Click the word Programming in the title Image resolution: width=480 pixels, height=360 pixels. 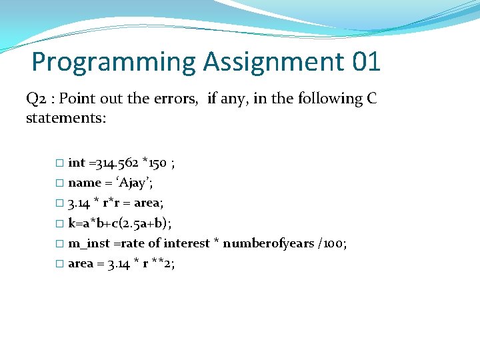pos(113,63)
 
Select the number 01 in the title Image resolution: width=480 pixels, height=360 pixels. pos(366,63)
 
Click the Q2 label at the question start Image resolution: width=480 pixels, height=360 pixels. pos(36,99)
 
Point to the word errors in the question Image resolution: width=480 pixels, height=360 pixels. pos(177,99)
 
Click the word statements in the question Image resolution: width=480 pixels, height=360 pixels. pos(64,118)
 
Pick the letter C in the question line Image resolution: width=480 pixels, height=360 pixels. pos(372,99)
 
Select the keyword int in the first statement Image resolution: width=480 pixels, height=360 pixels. pos(77,163)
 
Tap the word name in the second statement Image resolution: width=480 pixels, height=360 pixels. pos(84,183)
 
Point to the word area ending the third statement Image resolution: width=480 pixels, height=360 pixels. pos(146,203)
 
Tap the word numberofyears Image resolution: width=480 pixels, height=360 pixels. pos(268,243)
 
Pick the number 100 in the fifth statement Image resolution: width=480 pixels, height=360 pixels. pos(334,243)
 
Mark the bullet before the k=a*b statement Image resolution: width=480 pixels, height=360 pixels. pos(59,223)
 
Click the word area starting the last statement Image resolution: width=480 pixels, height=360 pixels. pos(81,263)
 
